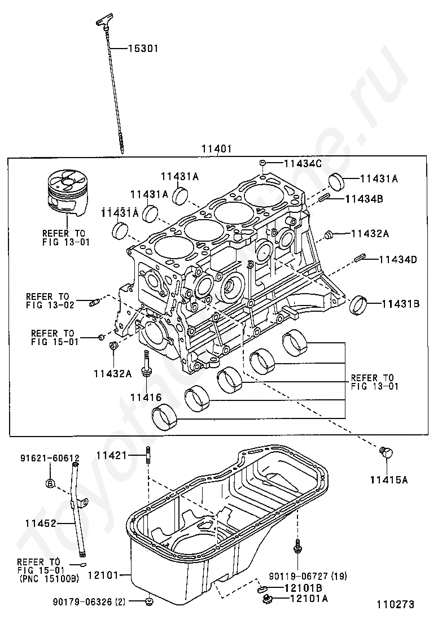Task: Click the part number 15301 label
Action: (143, 49)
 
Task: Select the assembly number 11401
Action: (217, 149)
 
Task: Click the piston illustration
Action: (67, 194)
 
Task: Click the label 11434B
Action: (364, 198)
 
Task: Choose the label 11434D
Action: (398, 260)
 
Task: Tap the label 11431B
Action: (401, 304)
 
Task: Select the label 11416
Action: (146, 398)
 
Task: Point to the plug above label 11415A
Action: (386, 452)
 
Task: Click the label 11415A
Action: (388, 479)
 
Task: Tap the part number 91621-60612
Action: (50, 458)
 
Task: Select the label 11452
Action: (41, 523)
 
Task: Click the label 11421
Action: (111, 455)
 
